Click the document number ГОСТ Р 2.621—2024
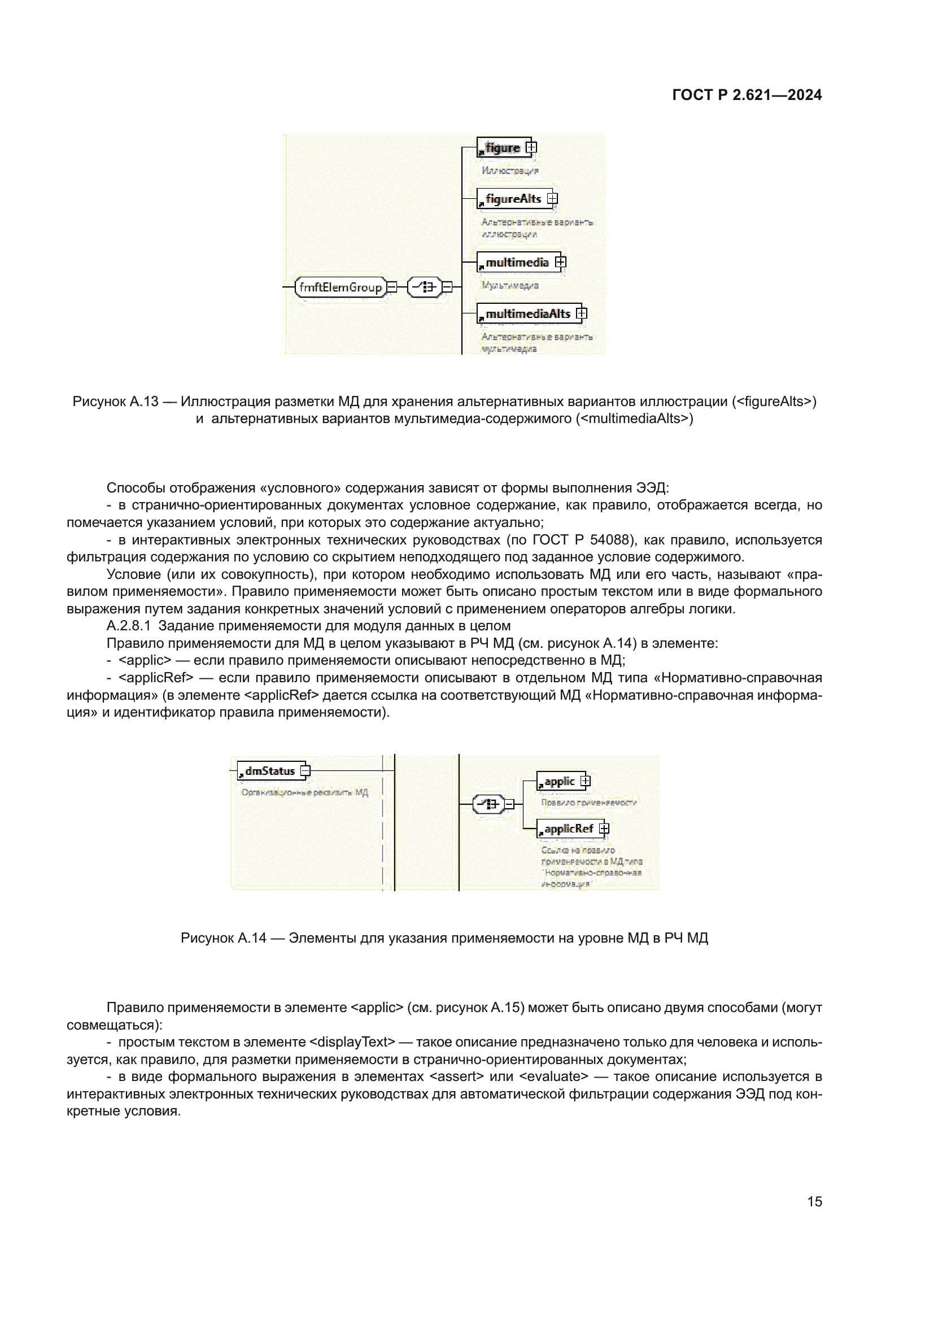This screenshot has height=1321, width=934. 747,95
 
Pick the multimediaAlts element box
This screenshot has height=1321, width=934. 526,314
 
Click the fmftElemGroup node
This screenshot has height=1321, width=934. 340,287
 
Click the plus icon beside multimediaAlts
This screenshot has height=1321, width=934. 582,313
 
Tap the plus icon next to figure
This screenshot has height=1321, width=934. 531,147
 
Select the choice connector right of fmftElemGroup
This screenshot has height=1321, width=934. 425,286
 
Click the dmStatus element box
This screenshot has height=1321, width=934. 269,771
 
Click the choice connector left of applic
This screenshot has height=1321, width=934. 488,804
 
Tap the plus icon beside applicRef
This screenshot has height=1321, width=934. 604,829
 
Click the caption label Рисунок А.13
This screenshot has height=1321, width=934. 115,402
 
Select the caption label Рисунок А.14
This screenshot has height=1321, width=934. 223,939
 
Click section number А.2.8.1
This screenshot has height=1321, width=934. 128,626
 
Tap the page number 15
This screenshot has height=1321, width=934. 814,1201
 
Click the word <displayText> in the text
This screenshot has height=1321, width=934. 352,1042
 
